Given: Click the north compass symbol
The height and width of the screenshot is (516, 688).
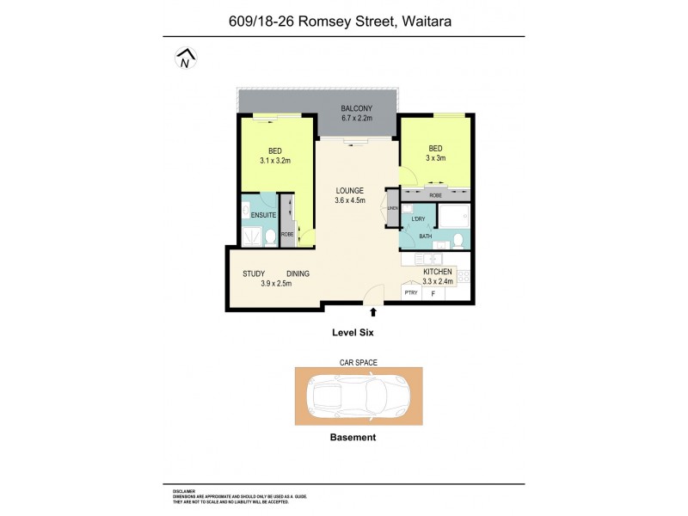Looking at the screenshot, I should pos(185,58).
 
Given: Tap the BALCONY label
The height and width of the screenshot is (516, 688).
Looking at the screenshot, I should pos(356,107).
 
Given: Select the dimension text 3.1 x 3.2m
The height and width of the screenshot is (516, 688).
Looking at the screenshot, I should pos(276,160).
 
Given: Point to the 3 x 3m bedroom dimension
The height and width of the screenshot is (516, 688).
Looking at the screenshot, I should pos(435,158).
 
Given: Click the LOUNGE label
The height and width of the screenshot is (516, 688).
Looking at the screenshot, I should pos(350,190).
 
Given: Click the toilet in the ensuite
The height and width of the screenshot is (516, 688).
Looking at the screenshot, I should pos(270,236).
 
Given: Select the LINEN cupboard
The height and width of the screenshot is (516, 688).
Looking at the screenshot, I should pos(392,209).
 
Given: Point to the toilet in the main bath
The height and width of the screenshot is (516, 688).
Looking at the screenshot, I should pos(459,239).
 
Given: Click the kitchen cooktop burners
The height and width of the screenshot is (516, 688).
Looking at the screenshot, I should pos(464,276).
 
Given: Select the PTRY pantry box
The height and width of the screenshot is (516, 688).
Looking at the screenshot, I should pos(411,293).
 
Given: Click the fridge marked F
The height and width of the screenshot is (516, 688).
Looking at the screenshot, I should pos(433,293).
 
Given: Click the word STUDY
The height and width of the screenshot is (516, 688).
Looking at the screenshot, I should pos(253,273).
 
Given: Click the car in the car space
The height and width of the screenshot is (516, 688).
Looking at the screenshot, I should pos(359,396).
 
